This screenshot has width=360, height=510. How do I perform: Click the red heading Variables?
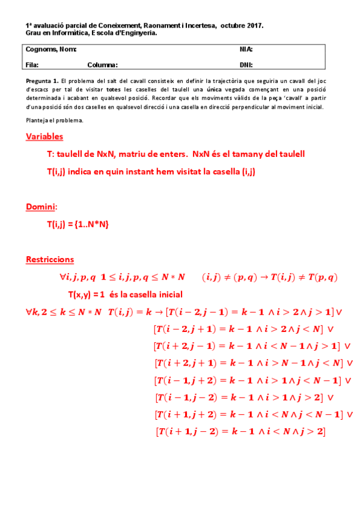pyautogui.click(x=44, y=137)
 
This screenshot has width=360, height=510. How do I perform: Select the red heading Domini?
pyautogui.click(x=41, y=207)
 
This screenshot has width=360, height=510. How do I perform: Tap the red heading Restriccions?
pyautogui.click(x=50, y=259)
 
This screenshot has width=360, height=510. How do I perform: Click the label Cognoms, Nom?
pyautogui.click(x=51, y=49)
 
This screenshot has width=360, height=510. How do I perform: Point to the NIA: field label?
pyautogui.click(x=246, y=49)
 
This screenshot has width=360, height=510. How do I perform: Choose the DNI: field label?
pyautogui.click(x=246, y=65)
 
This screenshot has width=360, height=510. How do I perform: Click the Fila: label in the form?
pyautogui.click(x=32, y=65)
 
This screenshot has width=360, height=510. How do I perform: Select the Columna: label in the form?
pyautogui.click(x=102, y=65)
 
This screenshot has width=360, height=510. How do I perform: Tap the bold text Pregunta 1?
pyautogui.click(x=42, y=80)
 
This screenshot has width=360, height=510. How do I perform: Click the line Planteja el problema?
pyautogui.click(x=55, y=120)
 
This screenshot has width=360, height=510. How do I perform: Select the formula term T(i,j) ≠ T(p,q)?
pyautogui.click(x=304, y=277)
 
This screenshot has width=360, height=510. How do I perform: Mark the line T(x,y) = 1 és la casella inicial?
pyautogui.click(x=125, y=295)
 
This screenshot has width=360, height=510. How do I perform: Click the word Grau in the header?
pyautogui.click(x=32, y=34)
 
